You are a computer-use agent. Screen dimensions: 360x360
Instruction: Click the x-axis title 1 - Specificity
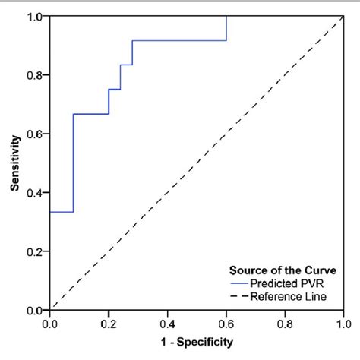196,343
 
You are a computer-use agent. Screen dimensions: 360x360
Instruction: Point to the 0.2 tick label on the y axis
35,251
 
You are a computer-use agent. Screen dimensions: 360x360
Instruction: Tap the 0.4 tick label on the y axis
35,193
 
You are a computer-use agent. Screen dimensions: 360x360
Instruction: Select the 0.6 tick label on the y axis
35,134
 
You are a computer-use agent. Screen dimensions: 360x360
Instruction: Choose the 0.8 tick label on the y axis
35,75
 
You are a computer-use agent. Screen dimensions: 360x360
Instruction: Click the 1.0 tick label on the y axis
35,17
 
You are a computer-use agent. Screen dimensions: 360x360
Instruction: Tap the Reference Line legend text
291,296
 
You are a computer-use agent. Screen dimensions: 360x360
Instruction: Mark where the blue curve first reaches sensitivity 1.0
226,17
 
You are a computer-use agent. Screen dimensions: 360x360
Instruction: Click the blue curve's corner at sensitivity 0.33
73,212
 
